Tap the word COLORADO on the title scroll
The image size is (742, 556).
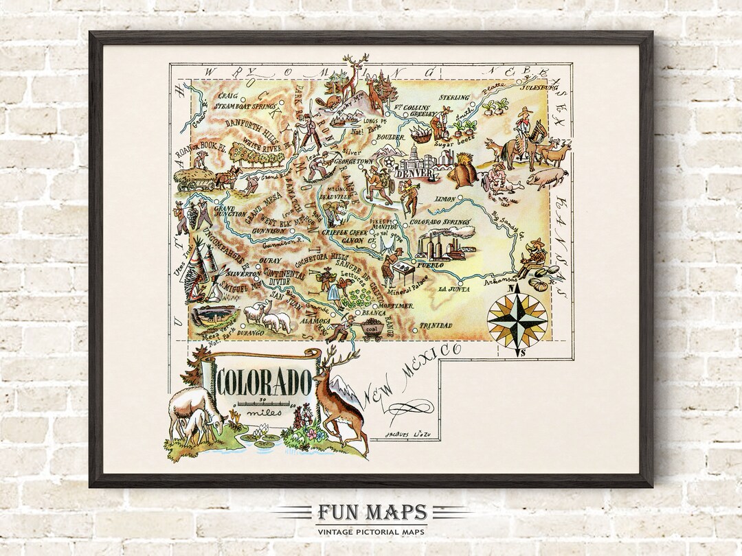pos(265,379)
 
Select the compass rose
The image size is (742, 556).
pos(517,319)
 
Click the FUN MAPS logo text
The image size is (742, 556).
pos(371,512)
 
